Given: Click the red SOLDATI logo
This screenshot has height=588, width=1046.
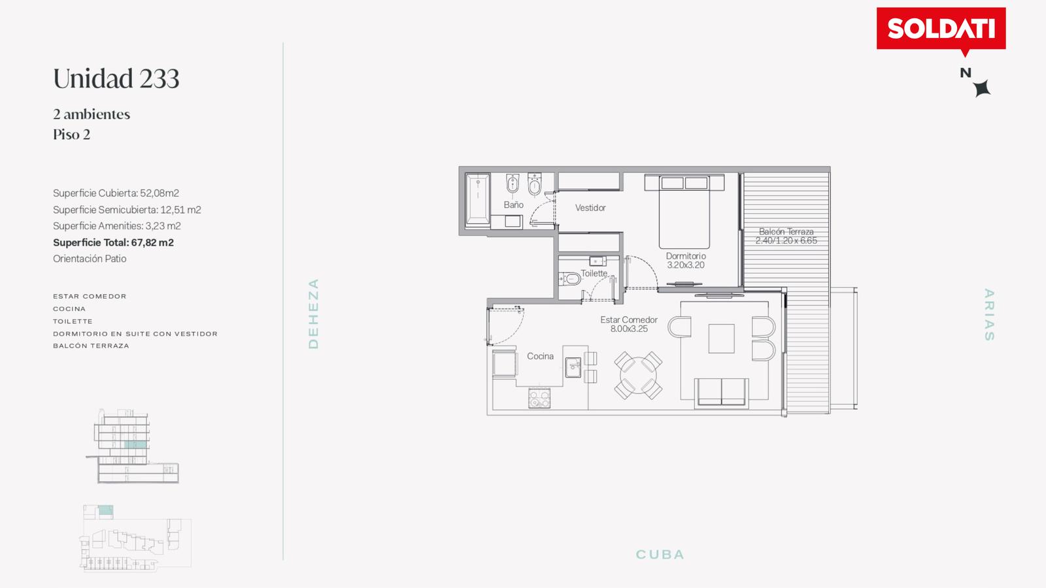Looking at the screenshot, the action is pyautogui.click(x=941, y=30).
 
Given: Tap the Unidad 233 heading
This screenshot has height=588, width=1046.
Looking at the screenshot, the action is pyautogui.click(x=116, y=78).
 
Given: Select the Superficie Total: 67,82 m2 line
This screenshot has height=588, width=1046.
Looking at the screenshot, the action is pyautogui.click(x=113, y=242).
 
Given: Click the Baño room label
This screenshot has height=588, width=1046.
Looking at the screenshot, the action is pyautogui.click(x=513, y=204).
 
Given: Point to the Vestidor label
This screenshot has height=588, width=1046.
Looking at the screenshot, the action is pyautogui.click(x=590, y=208).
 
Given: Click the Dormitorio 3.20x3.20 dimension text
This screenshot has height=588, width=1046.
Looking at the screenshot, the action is pyautogui.click(x=686, y=265).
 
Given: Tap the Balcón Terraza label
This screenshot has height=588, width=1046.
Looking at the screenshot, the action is pyautogui.click(x=786, y=231).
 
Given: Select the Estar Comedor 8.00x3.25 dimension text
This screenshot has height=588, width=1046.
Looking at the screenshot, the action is pyautogui.click(x=629, y=329).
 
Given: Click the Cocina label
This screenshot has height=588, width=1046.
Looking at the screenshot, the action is pyautogui.click(x=540, y=356).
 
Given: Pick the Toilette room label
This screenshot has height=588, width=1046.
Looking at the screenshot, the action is pyautogui.click(x=594, y=273).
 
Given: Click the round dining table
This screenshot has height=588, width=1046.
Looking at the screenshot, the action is pyautogui.click(x=638, y=375).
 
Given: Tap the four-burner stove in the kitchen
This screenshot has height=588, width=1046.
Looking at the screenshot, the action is pyautogui.click(x=539, y=398).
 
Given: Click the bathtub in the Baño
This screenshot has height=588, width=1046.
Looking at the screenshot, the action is pyautogui.click(x=477, y=200).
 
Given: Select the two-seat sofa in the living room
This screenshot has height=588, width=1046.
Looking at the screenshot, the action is pyautogui.click(x=722, y=393).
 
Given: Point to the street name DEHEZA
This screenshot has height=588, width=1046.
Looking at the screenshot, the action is pyautogui.click(x=313, y=314).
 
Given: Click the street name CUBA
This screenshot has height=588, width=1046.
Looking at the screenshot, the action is pyautogui.click(x=660, y=555).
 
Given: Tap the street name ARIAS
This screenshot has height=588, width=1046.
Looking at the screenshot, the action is pyautogui.click(x=989, y=314).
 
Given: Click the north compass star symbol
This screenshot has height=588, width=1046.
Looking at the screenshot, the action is pyautogui.click(x=982, y=88).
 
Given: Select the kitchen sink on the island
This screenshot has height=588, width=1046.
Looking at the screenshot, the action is pyautogui.click(x=573, y=367).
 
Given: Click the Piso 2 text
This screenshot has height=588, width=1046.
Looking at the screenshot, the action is pyautogui.click(x=71, y=135).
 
